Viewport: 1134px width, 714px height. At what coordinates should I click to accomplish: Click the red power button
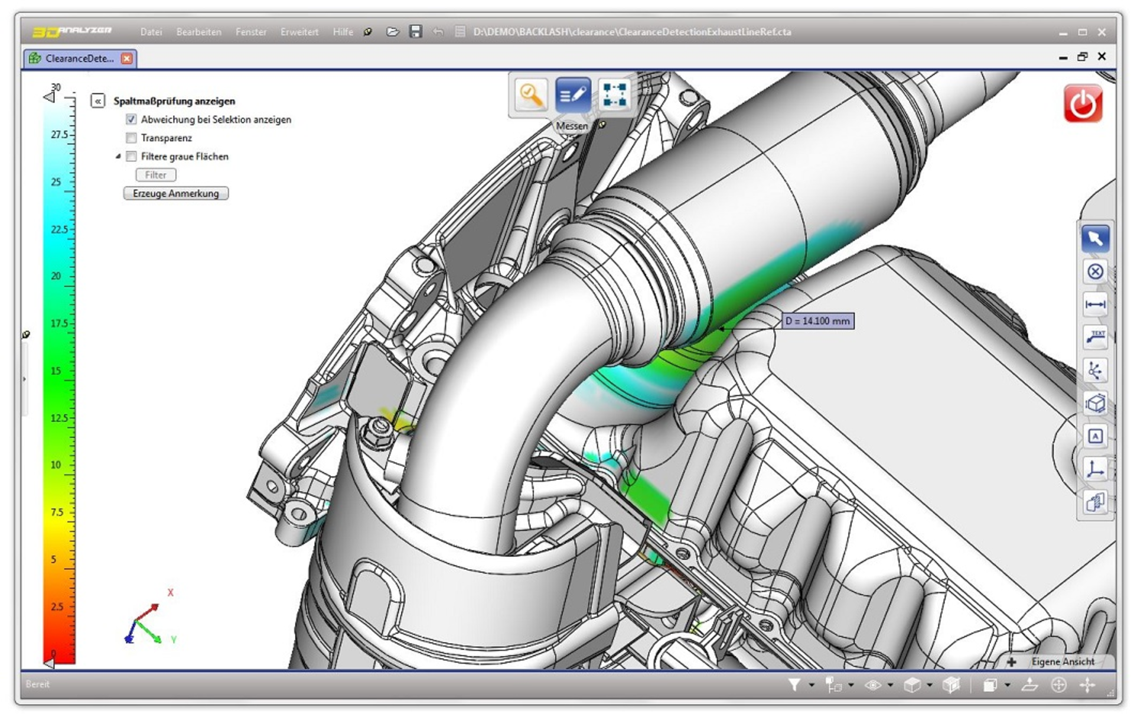click(1083, 104)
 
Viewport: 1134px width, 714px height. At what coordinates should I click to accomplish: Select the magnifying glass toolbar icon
click(531, 95)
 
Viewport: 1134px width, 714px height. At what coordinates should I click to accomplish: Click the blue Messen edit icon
click(572, 95)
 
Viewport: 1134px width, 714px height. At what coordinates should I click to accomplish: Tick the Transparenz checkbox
click(131, 138)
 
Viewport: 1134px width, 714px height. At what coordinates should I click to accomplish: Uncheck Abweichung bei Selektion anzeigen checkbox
click(131, 119)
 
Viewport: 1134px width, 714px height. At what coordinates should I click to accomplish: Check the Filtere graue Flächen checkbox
click(131, 156)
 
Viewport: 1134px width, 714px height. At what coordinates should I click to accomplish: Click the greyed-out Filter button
click(155, 175)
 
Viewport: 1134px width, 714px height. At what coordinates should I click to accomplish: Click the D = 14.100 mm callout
click(817, 321)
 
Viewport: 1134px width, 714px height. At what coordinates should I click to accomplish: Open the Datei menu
click(151, 32)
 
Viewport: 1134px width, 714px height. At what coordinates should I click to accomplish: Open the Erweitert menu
click(299, 32)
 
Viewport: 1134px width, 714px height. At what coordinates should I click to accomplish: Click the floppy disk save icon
click(416, 32)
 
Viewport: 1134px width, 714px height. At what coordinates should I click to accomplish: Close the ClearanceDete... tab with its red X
click(126, 58)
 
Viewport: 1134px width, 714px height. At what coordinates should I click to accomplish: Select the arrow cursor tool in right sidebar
click(1095, 239)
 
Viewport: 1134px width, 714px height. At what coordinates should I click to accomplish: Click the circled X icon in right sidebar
click(1095, 272)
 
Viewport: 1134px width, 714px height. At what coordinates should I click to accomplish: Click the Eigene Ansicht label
click(1063, 661)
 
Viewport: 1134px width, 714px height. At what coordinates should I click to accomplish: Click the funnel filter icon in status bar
click(794, 684)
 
